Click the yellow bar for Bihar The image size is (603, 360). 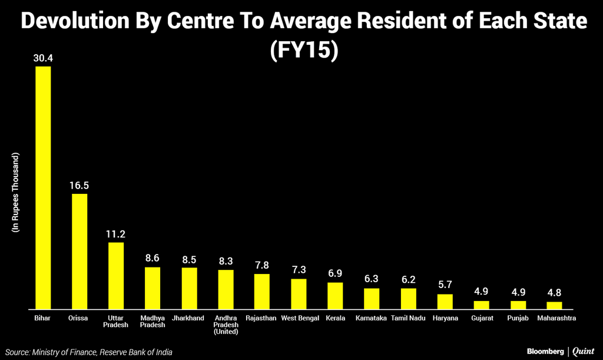pyautogui.click(x=43, y=187)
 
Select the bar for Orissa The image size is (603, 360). pyautogui.click(x=79, y=251)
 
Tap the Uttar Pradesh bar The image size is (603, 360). pyautogui.click(x=116, y=275)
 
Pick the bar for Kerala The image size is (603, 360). pyautogui.click(x=335, y=295)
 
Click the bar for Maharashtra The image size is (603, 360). pyautogui.click(x=554, y=305)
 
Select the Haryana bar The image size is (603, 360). pyautogui.click(x=445, y=301)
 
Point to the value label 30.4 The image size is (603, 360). pyautogui.click(x=43, y=58)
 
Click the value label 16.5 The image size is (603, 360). pyautogui.click(x=79, y=185)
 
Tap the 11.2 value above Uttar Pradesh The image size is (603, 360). pyautogui.click(x=116, y=233)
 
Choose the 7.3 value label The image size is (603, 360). pyautogui.click(x=299, y=270)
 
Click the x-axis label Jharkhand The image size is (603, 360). pyautogui.click(x=188, y=318)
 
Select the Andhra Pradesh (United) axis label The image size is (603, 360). pyautogui.click(x=226, y=325)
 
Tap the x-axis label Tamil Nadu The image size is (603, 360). pyautogui.click(x=407, y=318)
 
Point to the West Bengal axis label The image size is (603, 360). pyautogui.click(x=299, y=318)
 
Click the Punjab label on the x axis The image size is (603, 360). pyautogui.click(x=518, y=318)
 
